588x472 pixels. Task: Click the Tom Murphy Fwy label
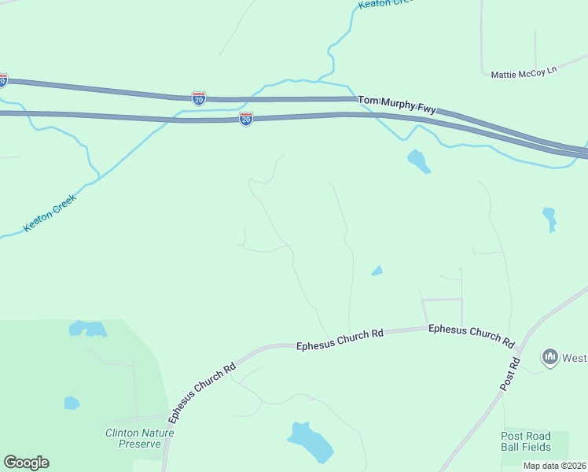pos(396,105)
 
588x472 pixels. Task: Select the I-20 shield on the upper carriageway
pos(199,98)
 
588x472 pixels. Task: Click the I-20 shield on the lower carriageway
pos(246,119)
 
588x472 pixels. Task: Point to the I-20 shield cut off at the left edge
pos(2,80)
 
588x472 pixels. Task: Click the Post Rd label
pos(510,375)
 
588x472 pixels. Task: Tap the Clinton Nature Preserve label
pos(140,438)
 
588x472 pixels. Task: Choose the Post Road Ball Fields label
pos(526,441)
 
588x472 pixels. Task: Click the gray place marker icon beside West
pos(549,357)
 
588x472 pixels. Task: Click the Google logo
pos(26,463)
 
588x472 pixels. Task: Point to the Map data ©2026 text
pos(554,466)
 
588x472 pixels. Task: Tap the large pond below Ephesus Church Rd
pos(312,442)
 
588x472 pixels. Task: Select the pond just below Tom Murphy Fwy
pos(418,160)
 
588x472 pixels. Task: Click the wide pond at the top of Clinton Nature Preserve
pos(87,328)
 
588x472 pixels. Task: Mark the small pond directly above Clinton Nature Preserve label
pos(72,403)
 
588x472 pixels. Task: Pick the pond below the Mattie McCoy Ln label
pos(549,218)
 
